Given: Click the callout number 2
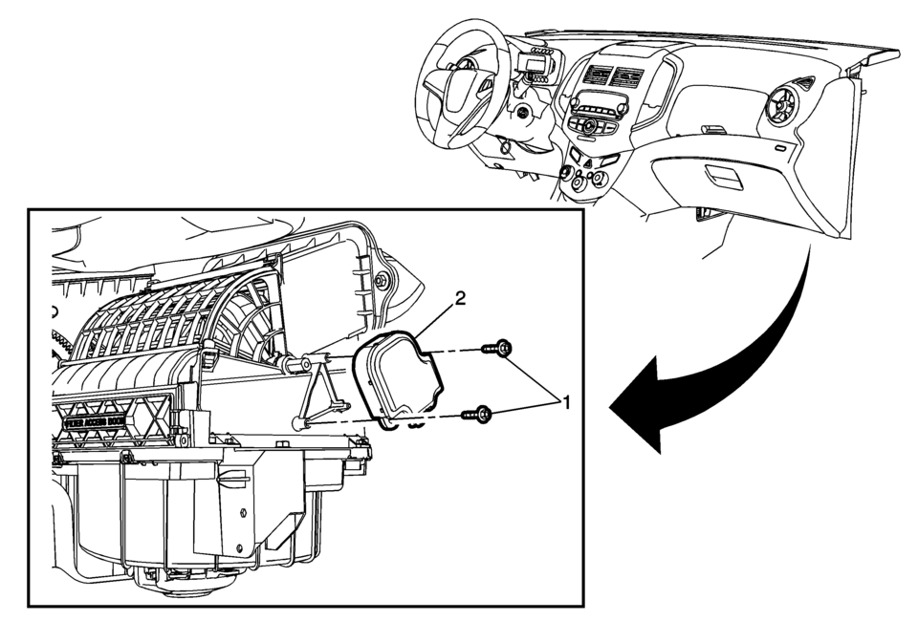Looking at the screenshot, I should pyautogui.click(x=460, y=298).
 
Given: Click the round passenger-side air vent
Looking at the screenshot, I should pyautogui.click(x=787, y=106).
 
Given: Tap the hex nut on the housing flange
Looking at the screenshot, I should pyautogui.click(x=382, y=280).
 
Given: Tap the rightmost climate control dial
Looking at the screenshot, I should pyautogui.click(x=600, y=178).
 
